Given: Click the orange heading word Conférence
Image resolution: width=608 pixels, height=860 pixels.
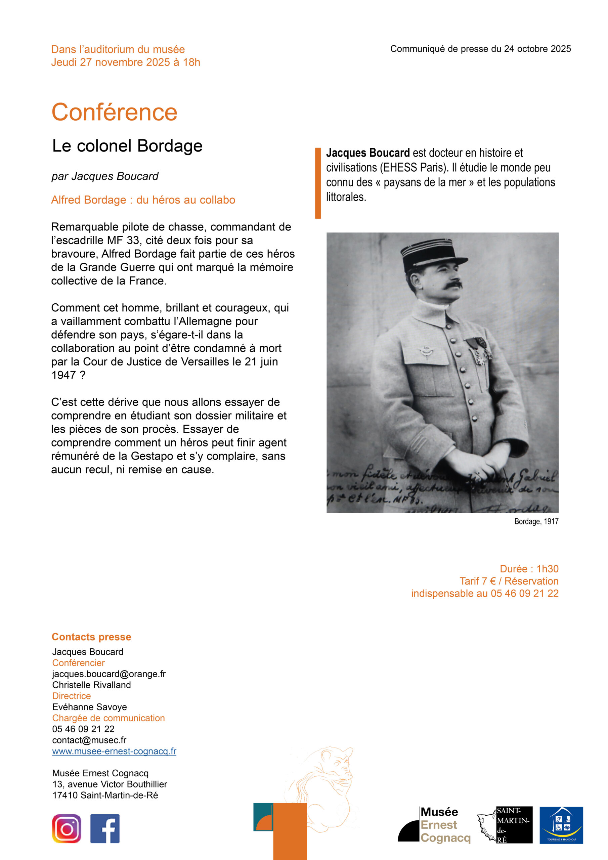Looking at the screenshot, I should pyautogui.click(x=114, y=112).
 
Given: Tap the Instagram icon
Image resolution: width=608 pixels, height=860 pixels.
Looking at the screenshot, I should pyautogui.click(x=67, y=828).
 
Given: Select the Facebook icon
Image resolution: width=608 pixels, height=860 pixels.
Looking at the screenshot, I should pyautogui.click(x=105, y=828).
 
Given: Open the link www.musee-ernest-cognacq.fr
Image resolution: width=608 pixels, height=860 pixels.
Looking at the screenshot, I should pyautogui.click(x=114, y=751).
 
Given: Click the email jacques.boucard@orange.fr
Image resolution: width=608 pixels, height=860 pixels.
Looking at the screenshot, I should pyautogui.click(x=108, y=674).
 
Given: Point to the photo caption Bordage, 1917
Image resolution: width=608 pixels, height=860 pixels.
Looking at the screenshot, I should pyautogui.click(x=536, y=521).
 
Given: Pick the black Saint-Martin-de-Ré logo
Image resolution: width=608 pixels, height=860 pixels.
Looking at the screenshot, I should pyautogui.click(x=514, y=825).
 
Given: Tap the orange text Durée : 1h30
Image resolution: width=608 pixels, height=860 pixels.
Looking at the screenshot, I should pyautogui.click(x=529, y=569).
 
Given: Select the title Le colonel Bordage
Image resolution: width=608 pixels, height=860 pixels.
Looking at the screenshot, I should pyautogui.click(x=127, y=146).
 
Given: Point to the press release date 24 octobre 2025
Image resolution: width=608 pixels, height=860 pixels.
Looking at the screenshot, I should pyautogui.click(x=537, y=49).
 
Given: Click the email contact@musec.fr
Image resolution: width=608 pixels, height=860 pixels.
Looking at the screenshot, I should pyautogui.click(x=89, y=740).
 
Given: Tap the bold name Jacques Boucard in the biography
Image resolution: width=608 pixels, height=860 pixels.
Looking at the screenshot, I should pyautogui.click(x=368, y=153).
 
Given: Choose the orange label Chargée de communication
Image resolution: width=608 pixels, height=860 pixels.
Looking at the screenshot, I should pyautogui.click(x=108, y=718).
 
